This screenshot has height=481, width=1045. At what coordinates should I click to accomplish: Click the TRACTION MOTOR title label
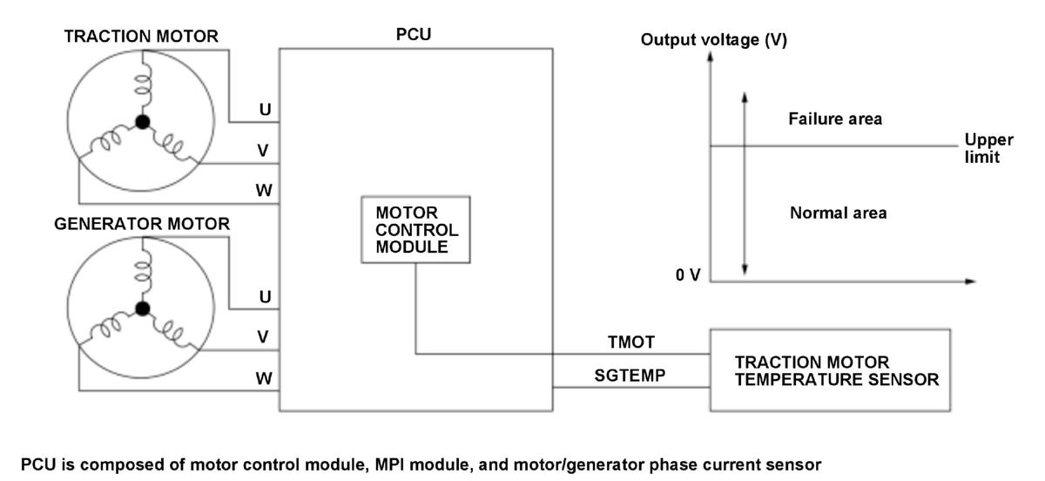point(141,37)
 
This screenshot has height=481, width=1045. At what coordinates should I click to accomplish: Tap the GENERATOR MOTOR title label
point(142,224)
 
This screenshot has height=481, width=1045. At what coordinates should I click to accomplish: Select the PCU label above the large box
point(414,35)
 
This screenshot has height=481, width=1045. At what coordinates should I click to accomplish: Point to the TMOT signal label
point(631,342)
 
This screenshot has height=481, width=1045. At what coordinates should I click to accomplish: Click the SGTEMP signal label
point(630,375)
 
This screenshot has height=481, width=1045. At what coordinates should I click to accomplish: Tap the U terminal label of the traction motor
point(265,110)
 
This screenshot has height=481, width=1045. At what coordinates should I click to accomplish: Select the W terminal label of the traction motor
point(264,191)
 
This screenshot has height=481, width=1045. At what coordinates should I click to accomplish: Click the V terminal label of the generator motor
point(263,336)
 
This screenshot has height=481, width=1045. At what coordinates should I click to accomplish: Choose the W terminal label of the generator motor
point(264,378)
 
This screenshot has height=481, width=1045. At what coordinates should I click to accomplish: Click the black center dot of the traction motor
point(142,122)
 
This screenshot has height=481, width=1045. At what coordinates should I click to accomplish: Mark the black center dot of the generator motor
point(142,308)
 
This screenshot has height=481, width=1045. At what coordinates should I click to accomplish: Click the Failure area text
point(835,119)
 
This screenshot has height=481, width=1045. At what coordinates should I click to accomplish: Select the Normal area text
point(839,213)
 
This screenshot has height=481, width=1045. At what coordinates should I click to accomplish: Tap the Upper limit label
point(988,148)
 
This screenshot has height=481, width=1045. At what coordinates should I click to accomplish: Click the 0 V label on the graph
point(688,275)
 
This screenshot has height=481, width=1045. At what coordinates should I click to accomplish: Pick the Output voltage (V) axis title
point(714,40)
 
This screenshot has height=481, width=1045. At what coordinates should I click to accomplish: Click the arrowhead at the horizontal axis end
point(970,281)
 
